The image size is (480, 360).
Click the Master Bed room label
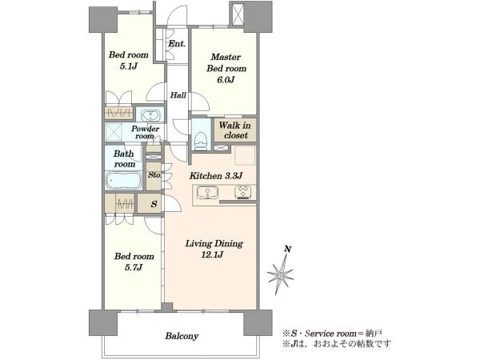point(226,62)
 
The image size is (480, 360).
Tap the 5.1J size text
point(128,66)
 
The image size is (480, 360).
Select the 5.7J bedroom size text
point(134,267)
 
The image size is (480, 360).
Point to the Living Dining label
point(214,244)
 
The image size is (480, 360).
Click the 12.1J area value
point(212,254)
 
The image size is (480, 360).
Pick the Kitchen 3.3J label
point(216,176)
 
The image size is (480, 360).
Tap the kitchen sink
point(207,193)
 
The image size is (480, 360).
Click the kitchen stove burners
point(243,193)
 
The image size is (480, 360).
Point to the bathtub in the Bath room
point(124,181)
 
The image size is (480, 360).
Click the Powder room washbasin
point(150,116)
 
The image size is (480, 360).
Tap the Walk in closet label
point(234,130)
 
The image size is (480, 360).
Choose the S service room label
point(154,204)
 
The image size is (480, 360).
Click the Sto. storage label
point(154,175)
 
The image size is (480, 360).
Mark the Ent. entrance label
point(177,44)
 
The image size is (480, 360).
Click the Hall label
point(178,95)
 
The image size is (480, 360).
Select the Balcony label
point(182,336)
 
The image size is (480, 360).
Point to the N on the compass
point(287,249)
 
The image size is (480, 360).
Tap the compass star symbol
point(280,274)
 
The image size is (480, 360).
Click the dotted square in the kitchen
point(245,155)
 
